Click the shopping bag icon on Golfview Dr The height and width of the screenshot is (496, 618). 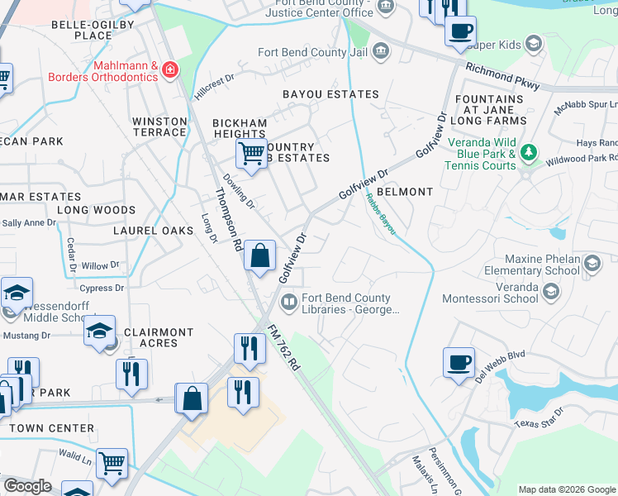tap(260, 255)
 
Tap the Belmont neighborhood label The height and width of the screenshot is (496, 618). tap(405, 192)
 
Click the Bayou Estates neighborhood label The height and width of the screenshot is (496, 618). tap(330, 94)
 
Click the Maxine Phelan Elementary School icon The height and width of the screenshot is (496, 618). tap(592, 264)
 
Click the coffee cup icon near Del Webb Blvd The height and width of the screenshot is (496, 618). tap(459, 362)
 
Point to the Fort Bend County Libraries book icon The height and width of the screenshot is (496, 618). tap(288, 304)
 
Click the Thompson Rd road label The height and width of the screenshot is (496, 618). tap(228, 219)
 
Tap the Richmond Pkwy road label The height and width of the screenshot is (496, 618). tap(502, 76)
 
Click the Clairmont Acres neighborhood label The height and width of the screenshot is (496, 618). tap(158, 337)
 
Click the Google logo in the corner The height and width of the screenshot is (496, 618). tap(27, 486)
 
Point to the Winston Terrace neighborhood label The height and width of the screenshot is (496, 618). tap(159, 126)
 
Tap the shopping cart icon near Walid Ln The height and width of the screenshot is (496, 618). tap(112, 463)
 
